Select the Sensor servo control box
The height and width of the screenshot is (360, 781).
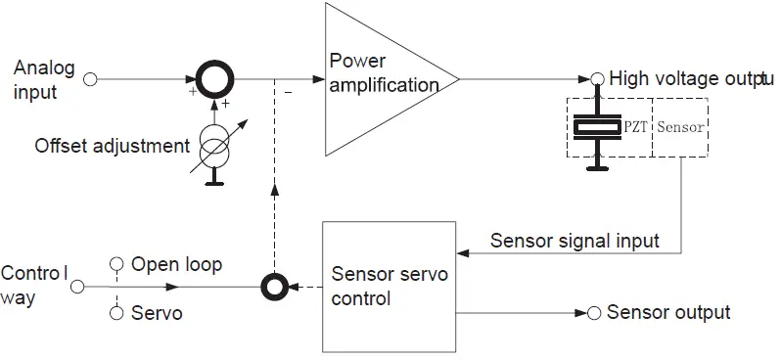(389, 287)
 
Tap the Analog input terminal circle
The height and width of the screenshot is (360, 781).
(91, 79)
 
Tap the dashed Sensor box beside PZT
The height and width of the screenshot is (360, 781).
(680, 127)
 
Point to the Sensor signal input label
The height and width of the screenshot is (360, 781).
(574, 241)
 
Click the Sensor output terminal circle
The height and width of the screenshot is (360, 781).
(594, 313)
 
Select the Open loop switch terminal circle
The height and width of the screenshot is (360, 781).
(116, 263)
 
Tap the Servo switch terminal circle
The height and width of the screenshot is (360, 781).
(116, 313)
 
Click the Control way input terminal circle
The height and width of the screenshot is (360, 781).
(79, 288)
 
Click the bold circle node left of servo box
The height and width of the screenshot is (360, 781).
(276, 288)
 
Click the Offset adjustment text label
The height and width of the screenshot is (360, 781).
(113, 147)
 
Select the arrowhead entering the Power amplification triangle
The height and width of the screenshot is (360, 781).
(319, 79)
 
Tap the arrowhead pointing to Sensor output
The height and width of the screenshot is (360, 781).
(578, 313)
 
